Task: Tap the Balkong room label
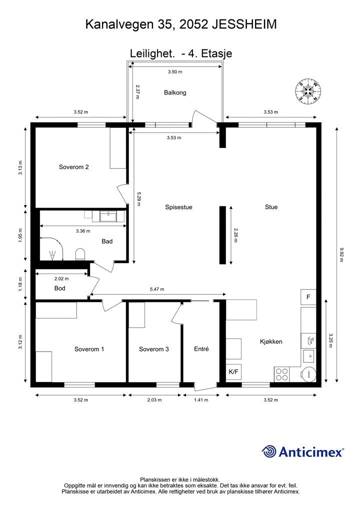[175, 92]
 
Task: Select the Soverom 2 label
[74, 167]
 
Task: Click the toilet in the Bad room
[80, 254]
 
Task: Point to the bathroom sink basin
[108, 216]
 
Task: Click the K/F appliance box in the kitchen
[233, 371]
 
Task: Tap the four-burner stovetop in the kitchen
[282, 374]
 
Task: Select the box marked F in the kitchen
[308, 297]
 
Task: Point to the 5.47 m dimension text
[157, 289]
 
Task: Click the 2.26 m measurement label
[236, 235]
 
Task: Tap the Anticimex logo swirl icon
[269, 451]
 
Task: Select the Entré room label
[201, 348]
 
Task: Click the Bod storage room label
[59, 288]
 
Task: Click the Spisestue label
[178, 207]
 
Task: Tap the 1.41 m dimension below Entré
[201, 399]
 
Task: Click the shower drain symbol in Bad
[52, 255]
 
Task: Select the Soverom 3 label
[153, 349]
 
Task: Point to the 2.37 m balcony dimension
[137, 92]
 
